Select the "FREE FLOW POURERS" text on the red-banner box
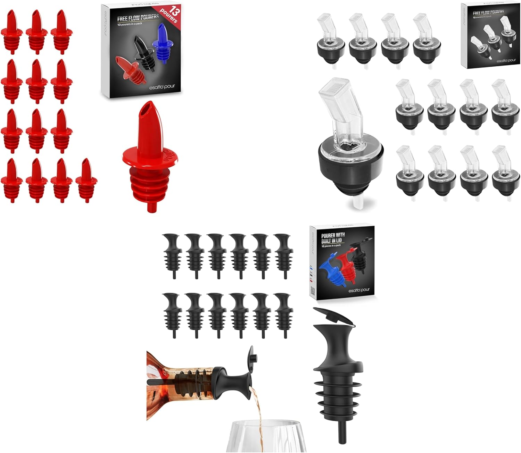click(x=138, y=17)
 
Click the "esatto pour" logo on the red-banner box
click(x=162, y=87)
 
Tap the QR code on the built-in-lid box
click(x=312, y=290)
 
